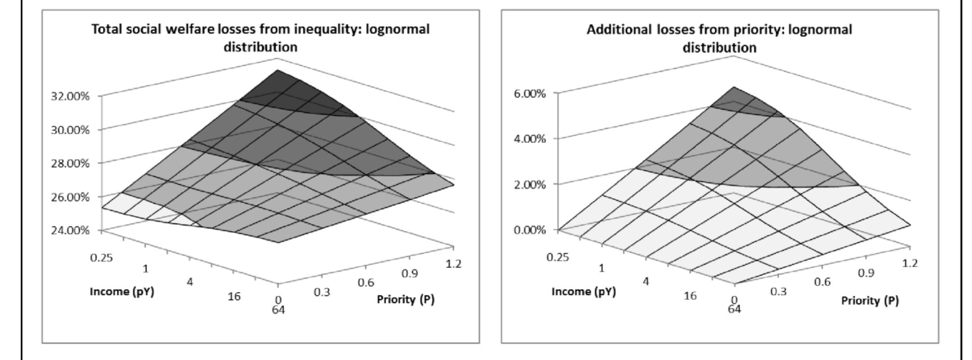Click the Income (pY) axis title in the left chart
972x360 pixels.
[122, 291]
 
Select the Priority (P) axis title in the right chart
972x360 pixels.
[870, 301]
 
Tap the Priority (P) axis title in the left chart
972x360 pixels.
[405, 300]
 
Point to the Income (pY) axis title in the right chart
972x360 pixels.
[583, 291]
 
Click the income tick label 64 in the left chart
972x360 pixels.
[278, 310]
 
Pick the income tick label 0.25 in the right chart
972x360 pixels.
[558, 257]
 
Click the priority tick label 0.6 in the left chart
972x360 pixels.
[366, 283]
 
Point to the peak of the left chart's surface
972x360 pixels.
[278, 70]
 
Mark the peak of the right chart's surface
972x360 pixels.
[733, 87]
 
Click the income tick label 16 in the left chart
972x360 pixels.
[234, 296]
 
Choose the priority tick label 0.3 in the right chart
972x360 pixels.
[778, 291]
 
